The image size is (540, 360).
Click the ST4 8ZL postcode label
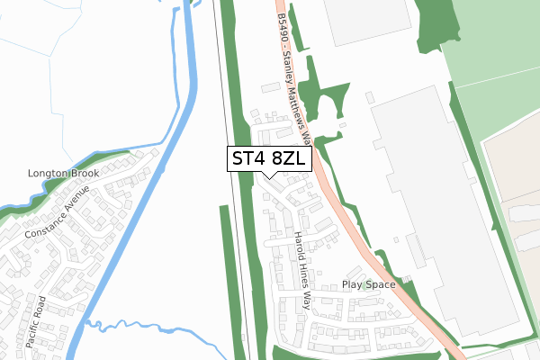pos(270,159)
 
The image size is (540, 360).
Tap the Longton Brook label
pos(62,174)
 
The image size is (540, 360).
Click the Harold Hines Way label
pos(301,270)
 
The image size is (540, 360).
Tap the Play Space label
pos(369,284)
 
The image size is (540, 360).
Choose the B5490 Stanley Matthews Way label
pos(296,76)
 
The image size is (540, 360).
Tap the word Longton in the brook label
pos(46,174)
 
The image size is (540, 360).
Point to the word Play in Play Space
pos(352,284)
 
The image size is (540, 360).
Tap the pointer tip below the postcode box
pos(270,177)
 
